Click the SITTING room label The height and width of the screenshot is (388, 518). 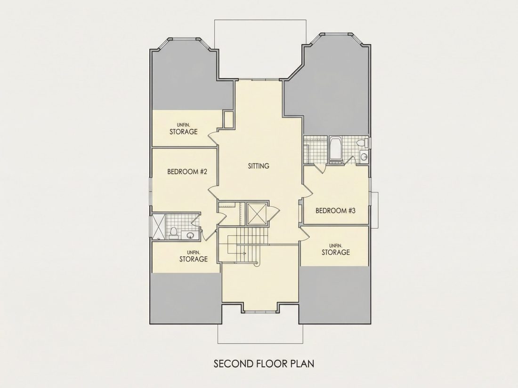pos(259,166)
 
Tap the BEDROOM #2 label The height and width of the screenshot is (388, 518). pos(187,172)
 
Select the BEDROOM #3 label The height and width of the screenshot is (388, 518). pos(335,211)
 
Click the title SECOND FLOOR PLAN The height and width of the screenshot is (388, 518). pos(264,364)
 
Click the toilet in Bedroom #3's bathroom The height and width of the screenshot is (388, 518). pos(362,143)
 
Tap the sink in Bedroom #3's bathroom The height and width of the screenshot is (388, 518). pos(364,157)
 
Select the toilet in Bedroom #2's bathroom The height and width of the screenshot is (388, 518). pos(173,233)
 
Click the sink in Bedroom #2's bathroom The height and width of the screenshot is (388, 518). pos(190,235)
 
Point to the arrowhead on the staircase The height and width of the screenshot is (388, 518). pos(244,253)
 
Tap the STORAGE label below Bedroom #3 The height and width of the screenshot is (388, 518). pos(336,253)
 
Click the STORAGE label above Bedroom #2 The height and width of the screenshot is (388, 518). pos(183,132)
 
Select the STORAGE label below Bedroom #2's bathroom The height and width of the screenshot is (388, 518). pos(193,259)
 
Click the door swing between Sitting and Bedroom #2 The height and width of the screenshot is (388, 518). pos(213,190)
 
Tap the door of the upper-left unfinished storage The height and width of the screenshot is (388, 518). pos(213,136)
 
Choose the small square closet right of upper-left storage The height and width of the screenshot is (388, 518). pos(228,119)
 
